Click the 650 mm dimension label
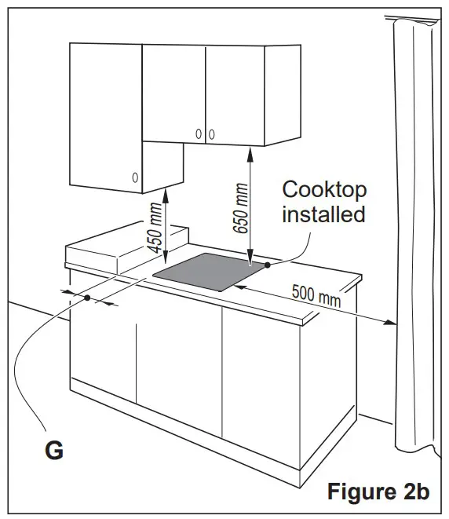click(240, 206)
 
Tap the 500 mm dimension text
click(317, 294)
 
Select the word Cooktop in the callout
click(324, 189)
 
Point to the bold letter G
click(53, 451)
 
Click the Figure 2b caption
click(378, 492)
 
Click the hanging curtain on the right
click(414, 236)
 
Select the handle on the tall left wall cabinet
click(136, 177)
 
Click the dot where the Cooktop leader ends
click(268, 265)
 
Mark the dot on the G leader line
click(87, 298)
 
